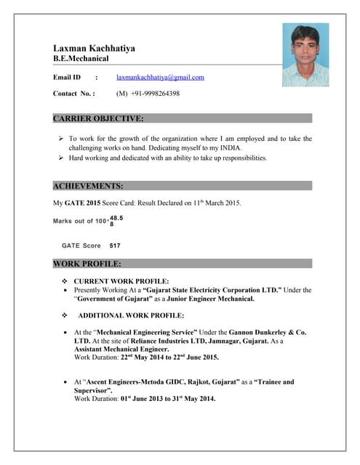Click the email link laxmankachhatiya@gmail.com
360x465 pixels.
pos(160,77)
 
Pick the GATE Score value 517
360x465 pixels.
pos(115,246)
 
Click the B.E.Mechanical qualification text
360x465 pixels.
pos(81,58)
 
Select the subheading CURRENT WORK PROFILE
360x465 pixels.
pos(121,280)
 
